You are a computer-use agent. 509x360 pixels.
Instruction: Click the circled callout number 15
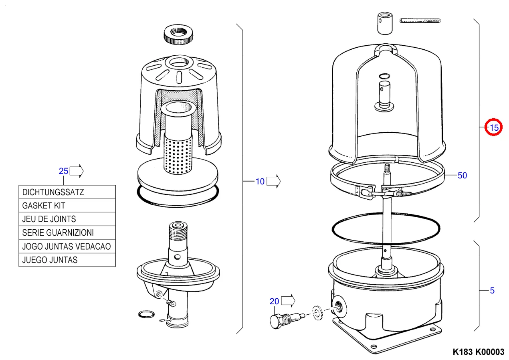coord(494,128)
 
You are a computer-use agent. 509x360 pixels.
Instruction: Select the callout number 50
coord(462,176)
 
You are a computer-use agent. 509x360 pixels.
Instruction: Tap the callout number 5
coord(492,291)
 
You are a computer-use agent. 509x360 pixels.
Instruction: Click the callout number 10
coord(260,182)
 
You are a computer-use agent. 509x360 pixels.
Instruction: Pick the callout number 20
coord(274,301)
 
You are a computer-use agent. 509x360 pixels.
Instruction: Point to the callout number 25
coord(63,171)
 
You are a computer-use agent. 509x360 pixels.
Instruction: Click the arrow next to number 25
coord(77,171)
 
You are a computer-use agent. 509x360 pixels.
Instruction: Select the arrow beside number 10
coord(273,182)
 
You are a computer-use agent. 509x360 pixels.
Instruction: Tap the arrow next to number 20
coord(288,301)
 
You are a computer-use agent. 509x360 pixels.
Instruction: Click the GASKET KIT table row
coord(67,206)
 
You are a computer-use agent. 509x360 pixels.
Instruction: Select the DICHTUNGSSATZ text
coord(53,192)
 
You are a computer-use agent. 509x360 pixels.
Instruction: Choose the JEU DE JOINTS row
coord(67,219)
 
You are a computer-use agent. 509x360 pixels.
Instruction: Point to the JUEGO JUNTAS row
coord(67,260)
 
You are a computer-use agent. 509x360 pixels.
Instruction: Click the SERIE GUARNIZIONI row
coord(67,233)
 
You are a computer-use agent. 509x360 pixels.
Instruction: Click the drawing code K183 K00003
coord(478,352)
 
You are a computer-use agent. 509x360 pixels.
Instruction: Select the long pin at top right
coord(420,20)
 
